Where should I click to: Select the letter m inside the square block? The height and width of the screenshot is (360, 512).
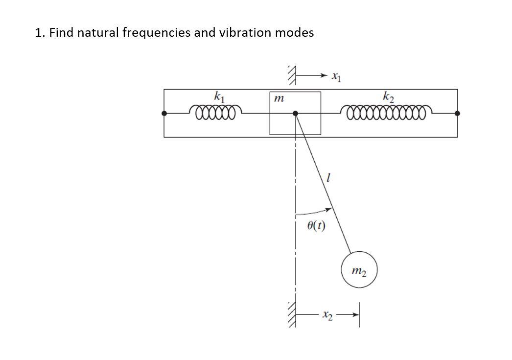pos(279,99)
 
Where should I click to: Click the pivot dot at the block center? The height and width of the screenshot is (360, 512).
pos(295,113)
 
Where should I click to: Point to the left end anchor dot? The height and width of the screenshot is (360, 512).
pos(164,113)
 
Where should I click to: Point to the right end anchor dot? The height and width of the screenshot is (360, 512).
pos(457,113)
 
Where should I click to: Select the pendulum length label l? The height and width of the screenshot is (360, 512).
pos(328,180)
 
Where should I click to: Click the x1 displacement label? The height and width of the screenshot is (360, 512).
pos(336,76)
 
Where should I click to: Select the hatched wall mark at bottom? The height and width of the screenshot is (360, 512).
pos(292,314)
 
